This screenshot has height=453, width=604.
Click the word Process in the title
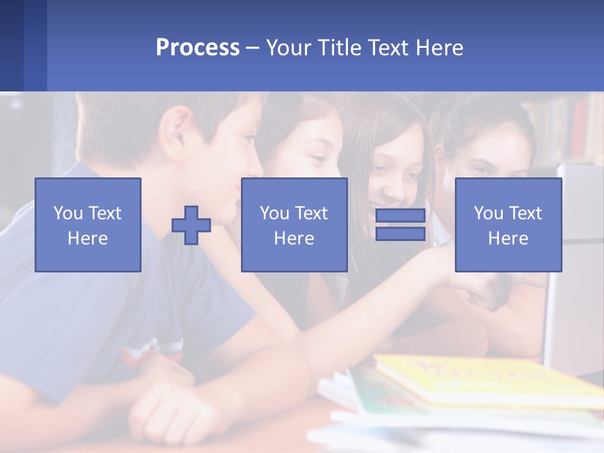(198, 48)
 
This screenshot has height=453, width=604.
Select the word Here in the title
(439, 48)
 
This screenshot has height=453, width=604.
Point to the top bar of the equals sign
(400, 216)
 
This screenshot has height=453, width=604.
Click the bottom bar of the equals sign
(400, 234)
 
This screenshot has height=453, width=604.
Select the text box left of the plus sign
(88, 225)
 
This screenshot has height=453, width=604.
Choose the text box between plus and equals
(294, 225)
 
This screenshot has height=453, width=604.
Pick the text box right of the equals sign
(508, 225)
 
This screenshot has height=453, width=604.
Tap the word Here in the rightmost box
(508, 238)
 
